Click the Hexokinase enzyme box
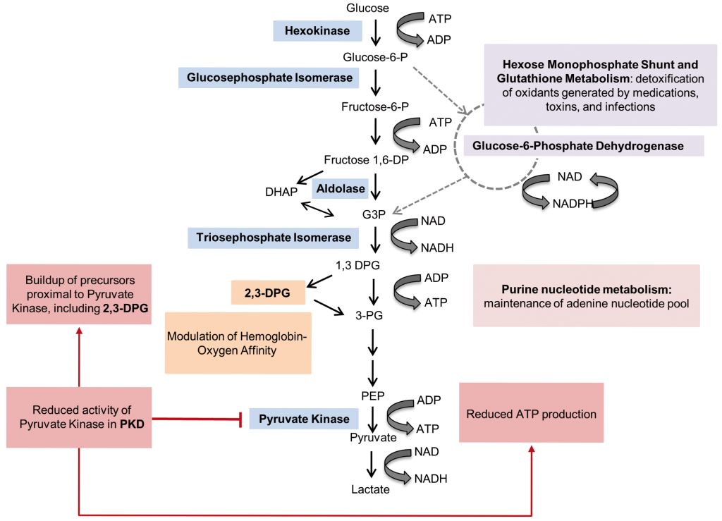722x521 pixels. coord(317,30)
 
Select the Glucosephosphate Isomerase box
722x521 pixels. coord(269,78)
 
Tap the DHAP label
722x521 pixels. coord(279,192)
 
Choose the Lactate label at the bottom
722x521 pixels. coord(371,488)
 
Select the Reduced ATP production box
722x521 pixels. coord(531,413)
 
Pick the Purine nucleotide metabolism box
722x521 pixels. coord(586,296)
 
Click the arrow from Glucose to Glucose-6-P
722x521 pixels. coord(376,32)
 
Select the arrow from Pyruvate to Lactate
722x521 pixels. coord(372,464)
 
